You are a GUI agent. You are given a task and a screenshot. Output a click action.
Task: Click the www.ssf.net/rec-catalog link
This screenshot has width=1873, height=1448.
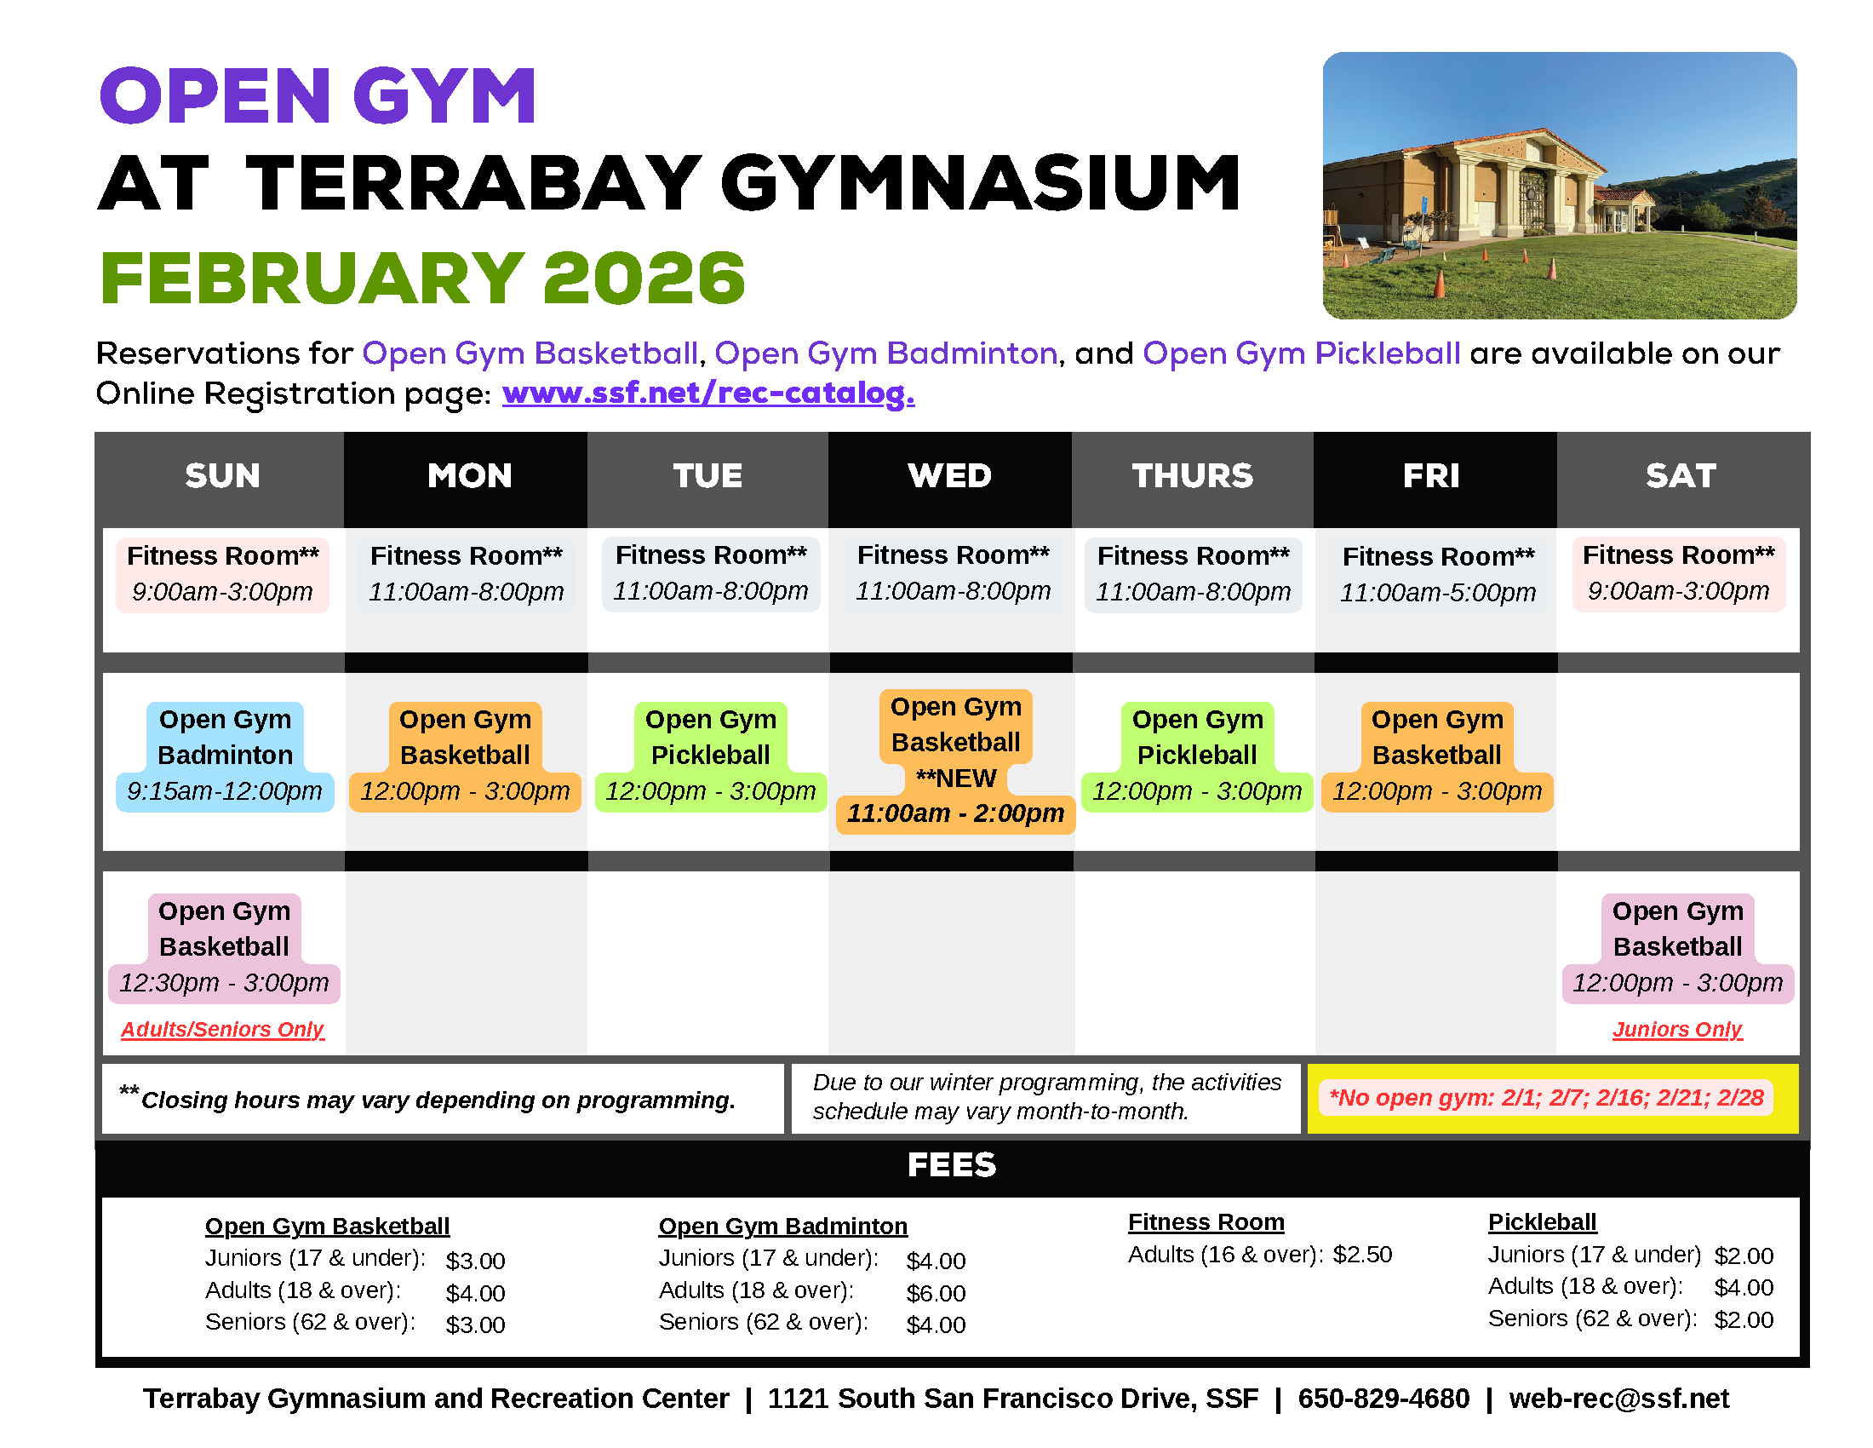click(708, 394)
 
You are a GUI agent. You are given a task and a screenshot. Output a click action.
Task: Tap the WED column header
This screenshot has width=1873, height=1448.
click(949, 476)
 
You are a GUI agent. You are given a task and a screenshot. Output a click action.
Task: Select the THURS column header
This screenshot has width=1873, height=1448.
click(1192, 476)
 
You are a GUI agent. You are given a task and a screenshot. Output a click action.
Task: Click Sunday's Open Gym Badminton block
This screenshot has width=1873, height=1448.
click(225, 755)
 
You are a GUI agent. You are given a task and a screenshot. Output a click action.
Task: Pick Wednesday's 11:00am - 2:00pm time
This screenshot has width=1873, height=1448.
click(955, 813)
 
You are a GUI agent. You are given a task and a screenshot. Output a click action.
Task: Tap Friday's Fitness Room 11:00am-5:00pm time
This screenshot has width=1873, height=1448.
click(1437, 593)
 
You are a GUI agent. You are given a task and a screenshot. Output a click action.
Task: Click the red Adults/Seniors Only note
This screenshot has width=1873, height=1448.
click(222, 1030)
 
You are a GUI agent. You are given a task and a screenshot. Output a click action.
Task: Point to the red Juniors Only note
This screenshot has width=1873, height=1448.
click(1676, 1030)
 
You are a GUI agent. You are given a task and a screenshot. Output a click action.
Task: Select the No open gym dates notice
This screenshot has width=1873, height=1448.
click(1545, 1098)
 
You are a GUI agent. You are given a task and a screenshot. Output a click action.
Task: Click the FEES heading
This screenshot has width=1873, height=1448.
click(952, 1166)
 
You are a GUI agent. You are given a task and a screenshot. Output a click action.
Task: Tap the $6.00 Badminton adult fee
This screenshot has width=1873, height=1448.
click(936, 1294)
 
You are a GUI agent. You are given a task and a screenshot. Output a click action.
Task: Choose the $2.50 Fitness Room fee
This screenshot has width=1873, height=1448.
click(1362, 1255)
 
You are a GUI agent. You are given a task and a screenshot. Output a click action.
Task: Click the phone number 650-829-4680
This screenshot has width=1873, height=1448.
click(1383, 1399)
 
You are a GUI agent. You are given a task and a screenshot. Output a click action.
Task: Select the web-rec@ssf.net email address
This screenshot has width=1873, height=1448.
click(1618, 1399)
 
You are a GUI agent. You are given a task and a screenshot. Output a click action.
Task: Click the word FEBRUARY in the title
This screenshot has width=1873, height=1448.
click(312, 279)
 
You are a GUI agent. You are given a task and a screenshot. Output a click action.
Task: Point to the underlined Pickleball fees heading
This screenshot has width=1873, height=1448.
click(1542, 1222)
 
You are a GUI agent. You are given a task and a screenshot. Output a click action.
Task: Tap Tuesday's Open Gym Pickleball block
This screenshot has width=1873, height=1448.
click(710, 755)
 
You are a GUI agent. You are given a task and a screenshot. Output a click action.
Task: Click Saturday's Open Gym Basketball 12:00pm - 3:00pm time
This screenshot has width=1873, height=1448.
click(1677, 983)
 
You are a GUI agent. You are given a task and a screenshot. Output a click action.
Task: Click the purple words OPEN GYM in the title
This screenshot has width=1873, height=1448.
click(318, 96)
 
